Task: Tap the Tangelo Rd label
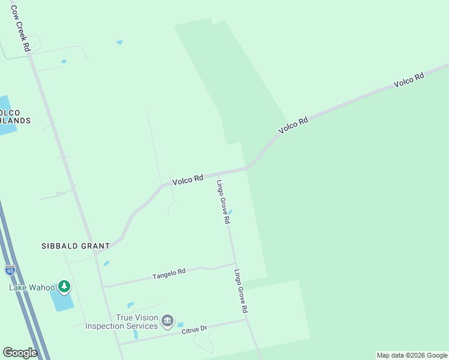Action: pyautogui.click(x=169, y=274)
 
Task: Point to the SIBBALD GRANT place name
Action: pyautogui.click(x=76, y=246)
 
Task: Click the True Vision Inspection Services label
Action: pyautogui.click(x=121, y=322)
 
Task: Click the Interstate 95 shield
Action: pyautogui.click(x=10, y=269)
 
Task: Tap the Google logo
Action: pyautogui.click(x=20, y=352)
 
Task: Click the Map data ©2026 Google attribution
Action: pyautogui.click(x=412, y=355)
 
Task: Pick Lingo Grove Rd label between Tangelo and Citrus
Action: pyautogui.click(x=241, y=292)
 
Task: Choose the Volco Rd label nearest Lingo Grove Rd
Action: pyautogui.click(x=188, y=179)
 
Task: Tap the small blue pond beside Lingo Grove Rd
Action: pyautogui.click(x=231, y=211)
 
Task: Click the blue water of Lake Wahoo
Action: pyautogui.click(x=62, y=300)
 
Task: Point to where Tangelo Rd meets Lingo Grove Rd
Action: pyautogui.click(x=234, y=263)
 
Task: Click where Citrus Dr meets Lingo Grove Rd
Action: pyautogui.click(x=247, y=319)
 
